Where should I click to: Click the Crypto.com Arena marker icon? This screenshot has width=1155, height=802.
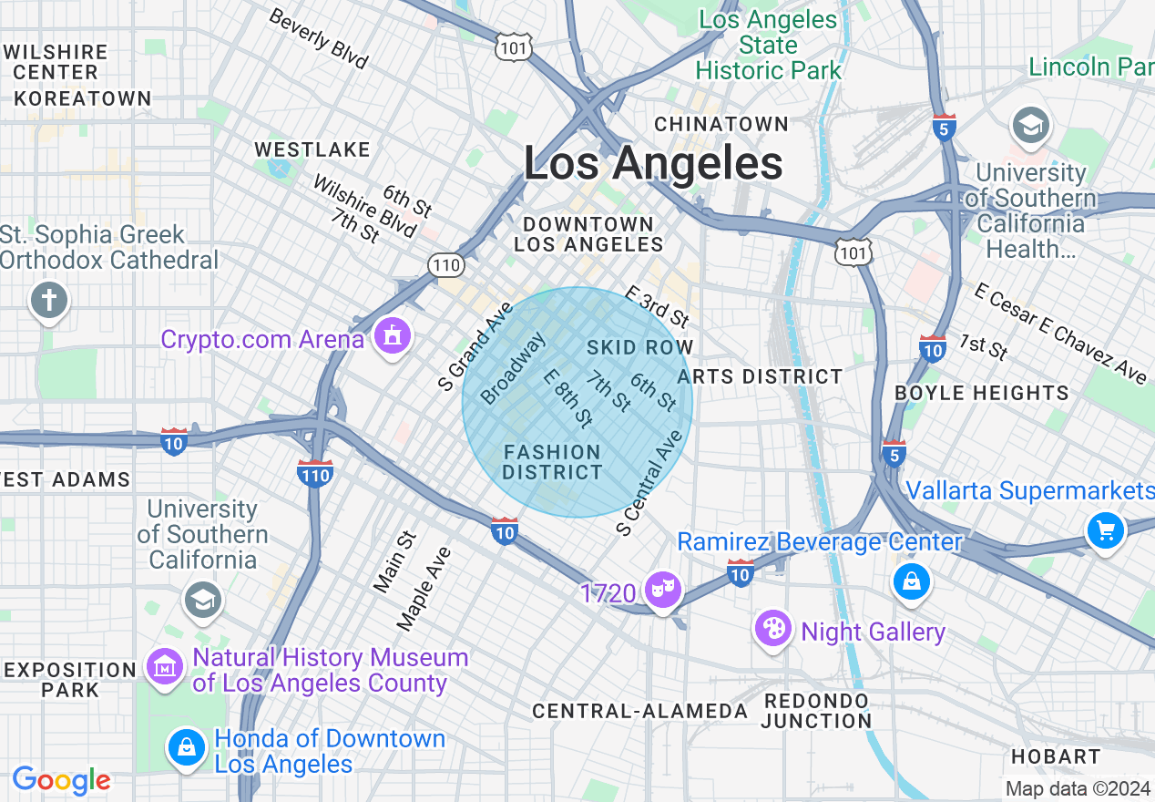[392, 337]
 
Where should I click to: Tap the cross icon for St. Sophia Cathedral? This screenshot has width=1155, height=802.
[49, 300]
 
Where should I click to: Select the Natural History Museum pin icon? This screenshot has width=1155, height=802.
[165, 668]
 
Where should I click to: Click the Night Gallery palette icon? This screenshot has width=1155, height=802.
[772, 629]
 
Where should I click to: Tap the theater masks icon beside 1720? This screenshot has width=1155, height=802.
[662, 590]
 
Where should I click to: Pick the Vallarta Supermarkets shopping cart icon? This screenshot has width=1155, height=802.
[1105, 530]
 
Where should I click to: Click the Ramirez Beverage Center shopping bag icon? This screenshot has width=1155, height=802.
[912, 581]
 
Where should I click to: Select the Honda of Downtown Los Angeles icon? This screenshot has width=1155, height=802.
[187, 747]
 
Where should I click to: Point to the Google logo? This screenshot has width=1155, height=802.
[61, 780]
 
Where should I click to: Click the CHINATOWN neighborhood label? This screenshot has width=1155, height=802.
[721, 124]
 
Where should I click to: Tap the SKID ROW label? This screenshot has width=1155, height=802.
[639, 347]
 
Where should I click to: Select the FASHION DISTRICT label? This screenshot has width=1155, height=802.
[552, 462]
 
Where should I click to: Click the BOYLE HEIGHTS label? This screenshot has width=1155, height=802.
[982, 393]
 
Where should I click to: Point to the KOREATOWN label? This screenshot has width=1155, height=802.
[83, 98]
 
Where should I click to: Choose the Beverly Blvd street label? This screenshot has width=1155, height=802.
[318, 39]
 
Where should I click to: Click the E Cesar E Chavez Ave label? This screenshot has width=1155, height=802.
[1059, 333]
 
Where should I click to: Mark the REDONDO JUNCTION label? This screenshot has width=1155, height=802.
[816, 710]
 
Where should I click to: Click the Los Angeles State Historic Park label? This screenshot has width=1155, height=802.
[768, 45]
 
